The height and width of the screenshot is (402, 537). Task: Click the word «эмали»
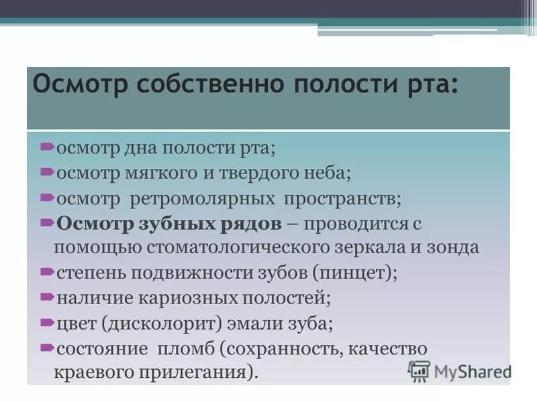coord(255,323)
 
